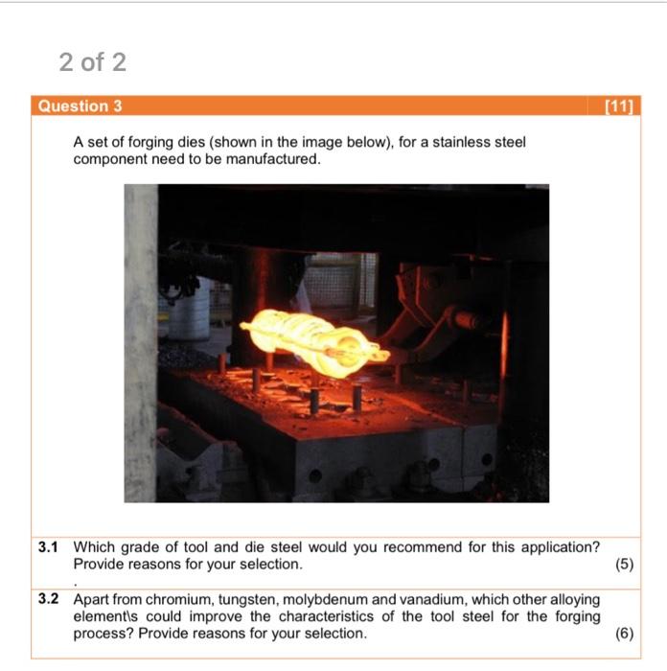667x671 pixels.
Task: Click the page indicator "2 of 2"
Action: [x=92, y=62]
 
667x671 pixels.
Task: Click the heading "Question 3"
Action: [x=80, y=106]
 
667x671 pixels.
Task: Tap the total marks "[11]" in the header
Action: [x=619, y=106]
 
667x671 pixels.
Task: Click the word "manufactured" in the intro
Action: [x=272, y=159]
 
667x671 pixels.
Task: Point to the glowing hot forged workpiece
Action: [x=315, y=343]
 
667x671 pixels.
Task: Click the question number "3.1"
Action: [x=48, y=547]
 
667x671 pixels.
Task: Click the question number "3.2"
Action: [x=48, y=599]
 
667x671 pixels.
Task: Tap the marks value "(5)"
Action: [x=624, y=565]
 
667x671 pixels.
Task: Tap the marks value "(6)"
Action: [x=624, y=634]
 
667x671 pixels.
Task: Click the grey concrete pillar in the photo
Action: [x=141, y=343]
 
